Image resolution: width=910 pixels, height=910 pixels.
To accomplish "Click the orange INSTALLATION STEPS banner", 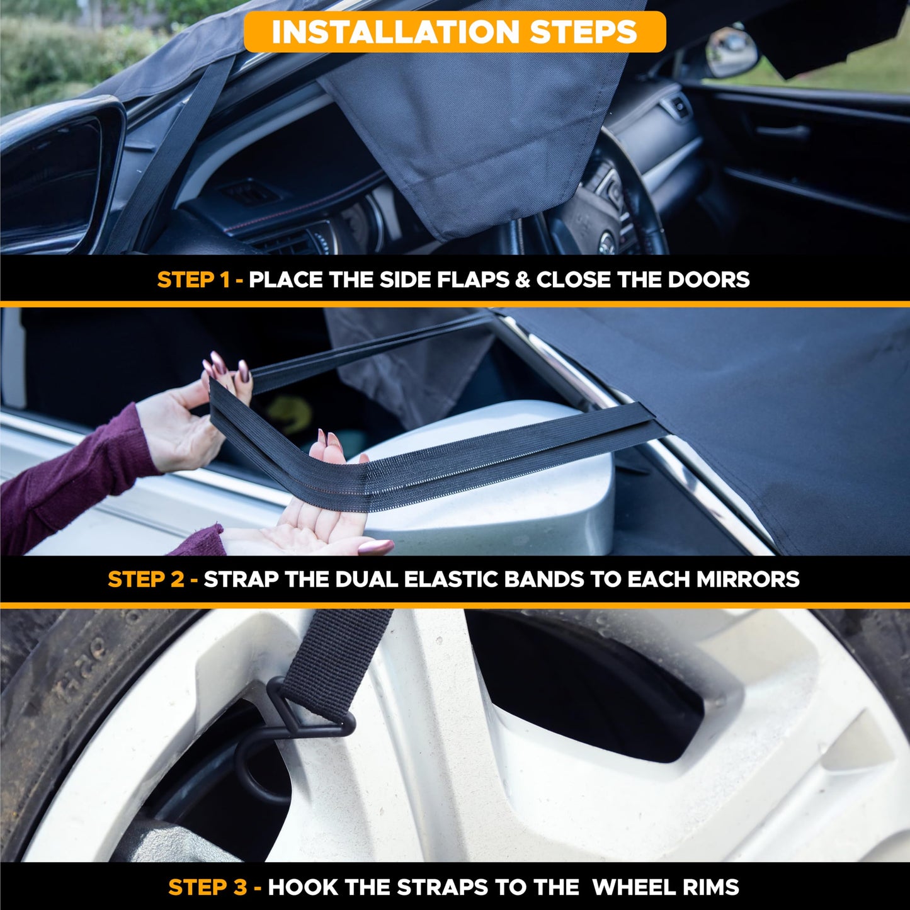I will [454, 31].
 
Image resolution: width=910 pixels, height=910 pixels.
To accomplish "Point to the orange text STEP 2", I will [145, 579].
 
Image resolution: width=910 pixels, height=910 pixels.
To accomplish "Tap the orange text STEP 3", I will [207, 887].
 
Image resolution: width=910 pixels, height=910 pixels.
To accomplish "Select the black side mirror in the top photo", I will [57, 176].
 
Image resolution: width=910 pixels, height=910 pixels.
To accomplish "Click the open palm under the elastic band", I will [302, 532].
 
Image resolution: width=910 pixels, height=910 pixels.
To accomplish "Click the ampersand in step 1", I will [523, 280].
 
